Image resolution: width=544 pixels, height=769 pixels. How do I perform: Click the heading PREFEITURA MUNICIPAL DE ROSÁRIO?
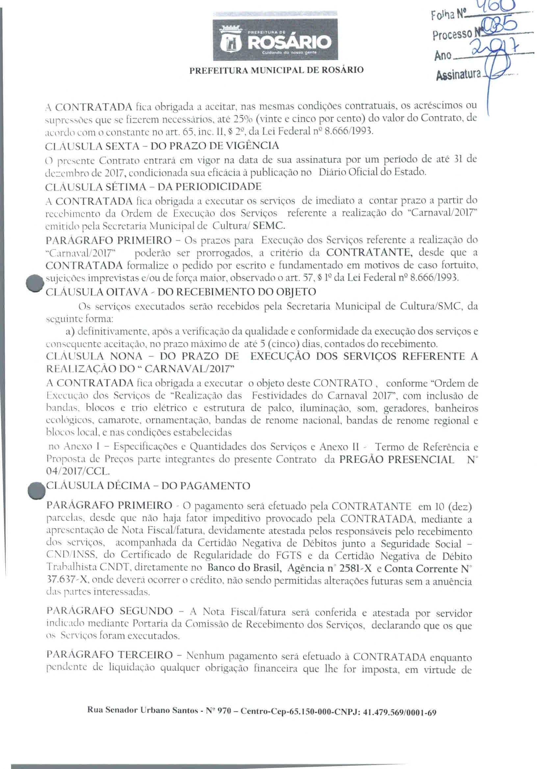tap(276, 70)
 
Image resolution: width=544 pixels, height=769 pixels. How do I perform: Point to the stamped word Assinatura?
tap(458, 74)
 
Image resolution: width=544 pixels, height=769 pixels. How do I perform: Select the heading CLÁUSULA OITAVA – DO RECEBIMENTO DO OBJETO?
tap(181, 292)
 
